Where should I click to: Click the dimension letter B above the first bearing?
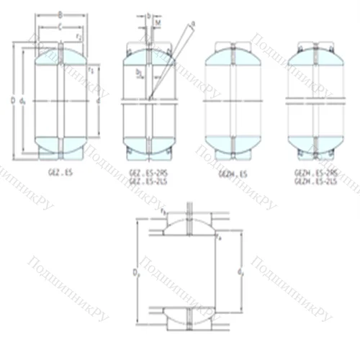(x=60, y=13)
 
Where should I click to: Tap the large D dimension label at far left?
(x=13, y=100)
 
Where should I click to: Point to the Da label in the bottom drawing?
(x=137, y=271)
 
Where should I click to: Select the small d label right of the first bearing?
(x=97, y=101)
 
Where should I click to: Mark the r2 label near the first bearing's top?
(x=78, y=35)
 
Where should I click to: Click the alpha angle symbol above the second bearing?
(x=193, y=24)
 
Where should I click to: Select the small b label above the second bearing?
(x=148, y=14)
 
